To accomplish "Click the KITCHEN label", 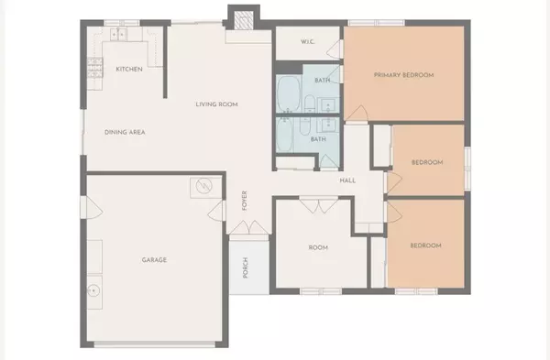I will (128, 70).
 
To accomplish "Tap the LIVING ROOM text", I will (216, 104).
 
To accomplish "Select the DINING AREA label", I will (126, 132).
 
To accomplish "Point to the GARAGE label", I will (154, 259).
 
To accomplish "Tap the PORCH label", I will (245, 267).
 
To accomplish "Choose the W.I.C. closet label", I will (309, 42).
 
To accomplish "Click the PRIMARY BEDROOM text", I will (402, 74).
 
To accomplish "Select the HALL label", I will (347, 180).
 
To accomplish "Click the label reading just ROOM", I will (318, 246).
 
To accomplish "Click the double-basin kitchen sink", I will (118, 33).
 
